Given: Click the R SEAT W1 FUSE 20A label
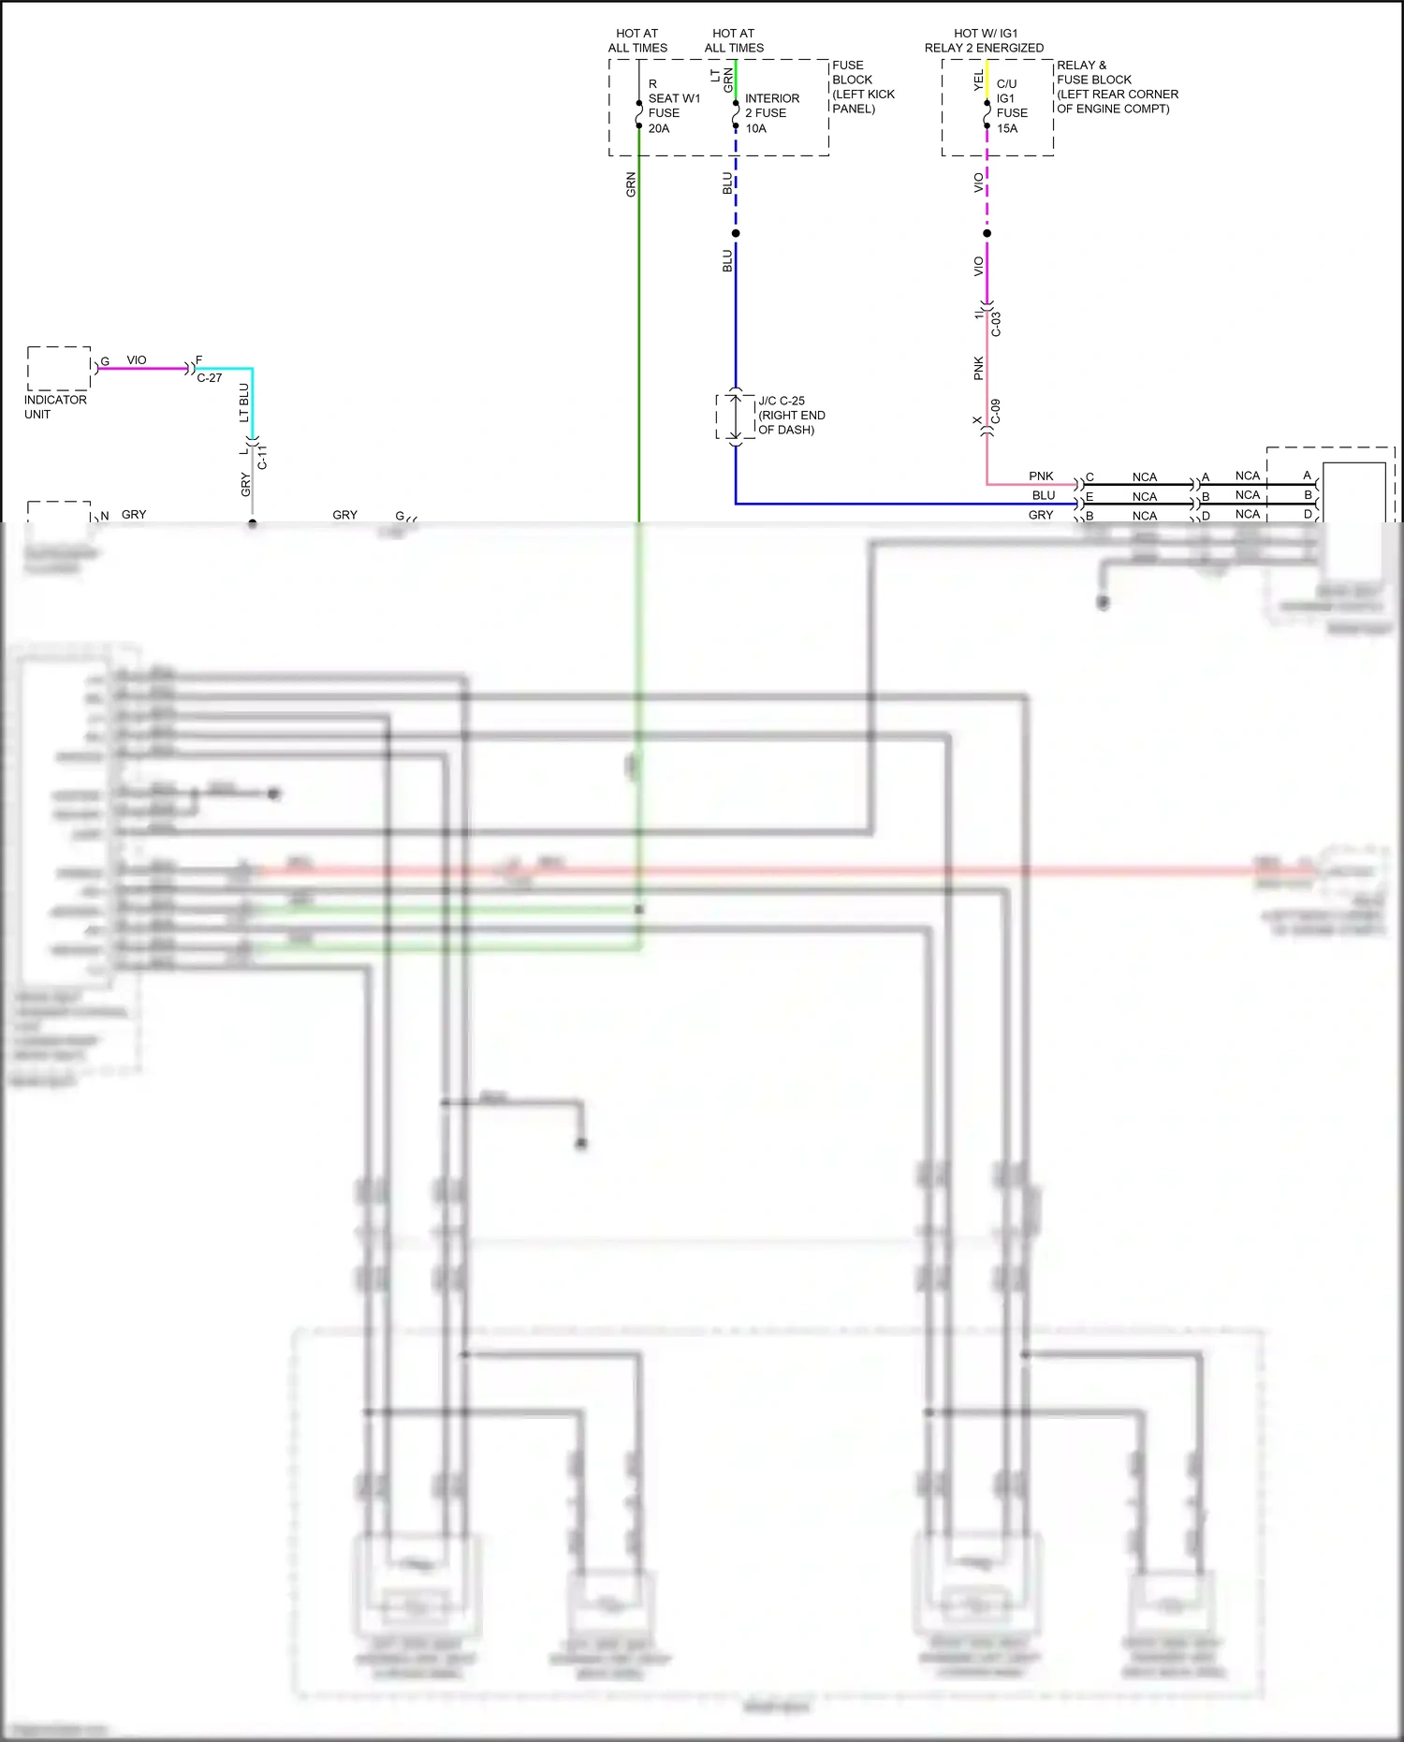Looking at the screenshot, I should point(673,107).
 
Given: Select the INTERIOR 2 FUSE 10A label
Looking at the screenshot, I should point(771,113).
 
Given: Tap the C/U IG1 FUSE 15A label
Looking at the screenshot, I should point(1011,106).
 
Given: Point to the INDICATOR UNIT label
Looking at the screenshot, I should point(55,407).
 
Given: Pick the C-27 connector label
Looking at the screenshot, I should point(210,378).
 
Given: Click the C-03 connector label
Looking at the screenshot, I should point(996,324).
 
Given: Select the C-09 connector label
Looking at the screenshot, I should point(996,411).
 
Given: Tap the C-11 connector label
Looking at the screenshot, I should point(262,457).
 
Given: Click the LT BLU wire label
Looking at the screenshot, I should point(244,403).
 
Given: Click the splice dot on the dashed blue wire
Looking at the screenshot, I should point(736,233).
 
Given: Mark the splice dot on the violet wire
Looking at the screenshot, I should point(987,233).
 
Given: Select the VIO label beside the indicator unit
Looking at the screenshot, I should point(137,360).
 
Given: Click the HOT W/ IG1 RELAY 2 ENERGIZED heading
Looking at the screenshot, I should point(985,40).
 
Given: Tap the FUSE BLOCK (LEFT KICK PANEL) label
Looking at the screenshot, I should point(863,87).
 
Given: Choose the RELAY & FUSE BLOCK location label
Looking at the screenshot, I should point(1118,87).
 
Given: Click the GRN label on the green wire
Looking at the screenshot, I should point(631,184).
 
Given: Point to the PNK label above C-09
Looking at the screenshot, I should point(978,368).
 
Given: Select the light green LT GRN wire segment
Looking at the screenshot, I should point(736,80).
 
